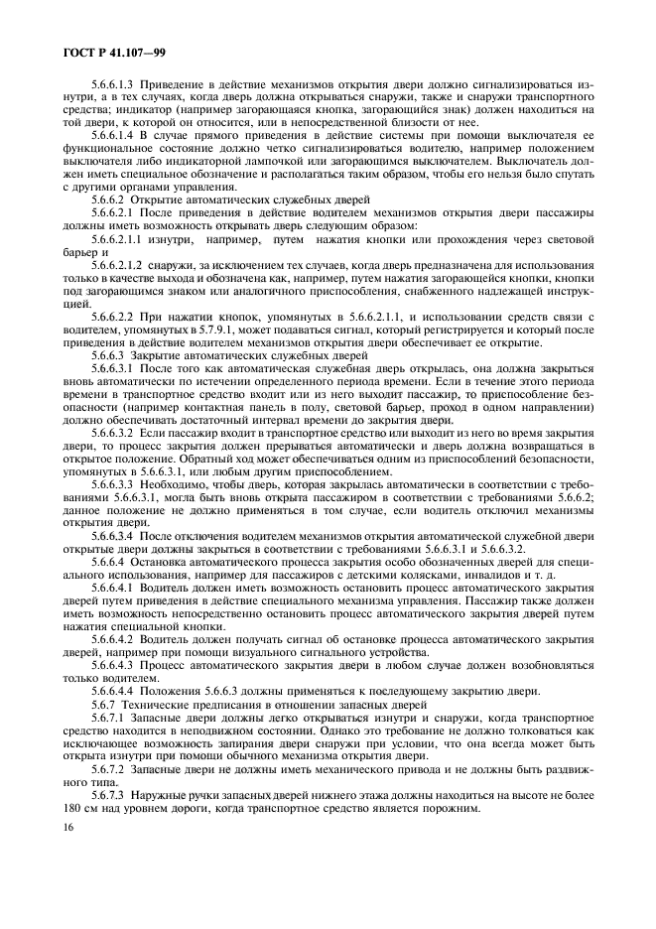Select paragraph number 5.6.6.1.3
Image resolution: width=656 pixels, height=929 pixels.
(114, 83)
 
